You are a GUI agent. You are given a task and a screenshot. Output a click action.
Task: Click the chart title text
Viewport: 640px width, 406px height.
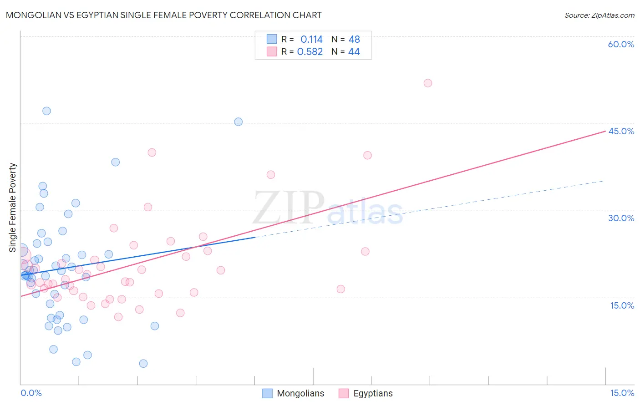tap(163, 15)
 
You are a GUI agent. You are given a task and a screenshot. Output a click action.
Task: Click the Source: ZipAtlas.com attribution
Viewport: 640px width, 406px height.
tap(599, 15)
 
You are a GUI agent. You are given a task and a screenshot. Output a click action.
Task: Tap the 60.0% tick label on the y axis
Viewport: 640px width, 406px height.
tap(621, 44)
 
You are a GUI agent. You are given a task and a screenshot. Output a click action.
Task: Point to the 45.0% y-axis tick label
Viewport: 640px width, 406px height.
tap(621, 131)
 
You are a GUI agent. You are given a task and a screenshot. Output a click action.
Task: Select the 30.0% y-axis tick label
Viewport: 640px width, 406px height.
tap(621, 218)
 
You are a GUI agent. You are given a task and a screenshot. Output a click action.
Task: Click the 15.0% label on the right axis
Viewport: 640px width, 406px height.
tap(622, 305)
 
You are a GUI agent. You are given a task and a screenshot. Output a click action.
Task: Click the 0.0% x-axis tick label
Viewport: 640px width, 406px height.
tap(31, 393)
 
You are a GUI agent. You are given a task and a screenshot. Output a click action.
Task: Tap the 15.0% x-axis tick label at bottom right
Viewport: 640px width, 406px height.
tap(622, 393)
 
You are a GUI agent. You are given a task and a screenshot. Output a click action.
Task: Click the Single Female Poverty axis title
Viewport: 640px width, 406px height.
tap(13, 208)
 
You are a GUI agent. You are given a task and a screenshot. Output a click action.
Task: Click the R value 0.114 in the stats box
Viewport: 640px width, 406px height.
tap(311, 39)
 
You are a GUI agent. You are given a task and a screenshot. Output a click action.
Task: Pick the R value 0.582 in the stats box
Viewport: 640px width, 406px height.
tap(310, 52)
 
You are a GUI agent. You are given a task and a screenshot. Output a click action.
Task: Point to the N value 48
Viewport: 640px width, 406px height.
tap(354, 39)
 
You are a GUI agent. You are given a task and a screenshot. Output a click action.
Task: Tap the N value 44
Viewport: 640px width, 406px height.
tap(354, 52)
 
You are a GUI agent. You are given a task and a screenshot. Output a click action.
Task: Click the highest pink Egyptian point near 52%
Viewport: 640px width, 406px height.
tap(427, 83)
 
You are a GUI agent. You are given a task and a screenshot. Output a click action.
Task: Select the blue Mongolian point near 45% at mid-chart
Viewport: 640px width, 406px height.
tap(238, 122)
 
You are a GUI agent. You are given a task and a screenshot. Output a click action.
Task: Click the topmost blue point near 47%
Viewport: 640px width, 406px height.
tap(46, 111)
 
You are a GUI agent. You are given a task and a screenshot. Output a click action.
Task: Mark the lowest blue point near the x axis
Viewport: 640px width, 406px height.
tap(143, 363)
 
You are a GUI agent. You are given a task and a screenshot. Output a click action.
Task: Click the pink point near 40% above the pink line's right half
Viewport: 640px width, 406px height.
tap(367, 155)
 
